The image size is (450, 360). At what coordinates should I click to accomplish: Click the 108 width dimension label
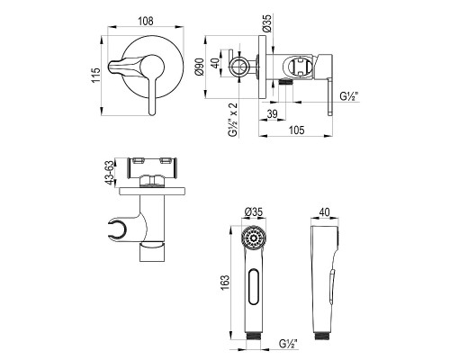pyautogui.click(x=146, y=21)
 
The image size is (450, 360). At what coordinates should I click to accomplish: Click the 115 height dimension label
pyautogui.click(x=95, y=76)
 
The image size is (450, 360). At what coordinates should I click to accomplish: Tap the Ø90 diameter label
pyautogui.click(x=200, y=67)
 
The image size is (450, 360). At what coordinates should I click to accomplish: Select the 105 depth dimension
pyautogui.click(x=297, y=130)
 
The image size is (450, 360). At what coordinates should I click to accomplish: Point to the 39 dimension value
pyautogui.click(x=272, y=114)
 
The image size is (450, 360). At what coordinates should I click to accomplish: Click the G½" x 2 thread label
pyautogui.click(x=233, y=120)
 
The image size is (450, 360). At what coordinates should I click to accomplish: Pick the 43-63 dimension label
pyautogui.click(x=110, y=173)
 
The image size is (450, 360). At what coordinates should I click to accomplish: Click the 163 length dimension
pyautogui.click(x=225, y=283)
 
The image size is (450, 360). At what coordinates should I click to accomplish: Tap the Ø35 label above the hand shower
pyautogui.click(x=254, y=211)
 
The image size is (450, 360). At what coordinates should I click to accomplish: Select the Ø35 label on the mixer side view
pyautogui.click(x=266, y=22)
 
